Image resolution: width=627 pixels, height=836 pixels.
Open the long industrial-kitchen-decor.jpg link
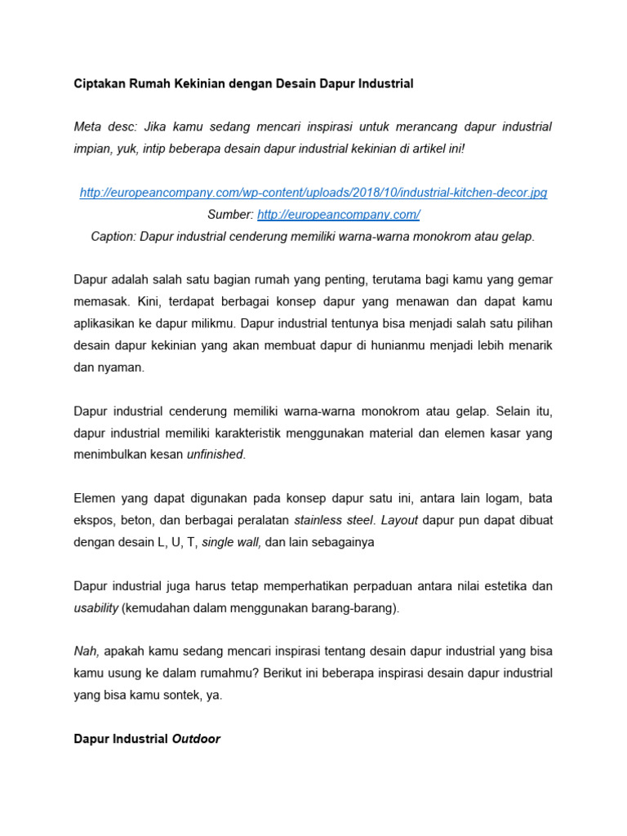(x=313, y=193)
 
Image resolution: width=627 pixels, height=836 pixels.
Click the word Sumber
(x=231, y=215)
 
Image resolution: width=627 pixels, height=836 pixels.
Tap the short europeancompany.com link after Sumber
(x=339, y=215)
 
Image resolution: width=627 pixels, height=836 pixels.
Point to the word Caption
(x=113, y=237)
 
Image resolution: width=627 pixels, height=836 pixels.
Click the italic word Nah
(x=87, y=651)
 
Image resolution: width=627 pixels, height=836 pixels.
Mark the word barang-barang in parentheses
(x=355, y=608)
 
